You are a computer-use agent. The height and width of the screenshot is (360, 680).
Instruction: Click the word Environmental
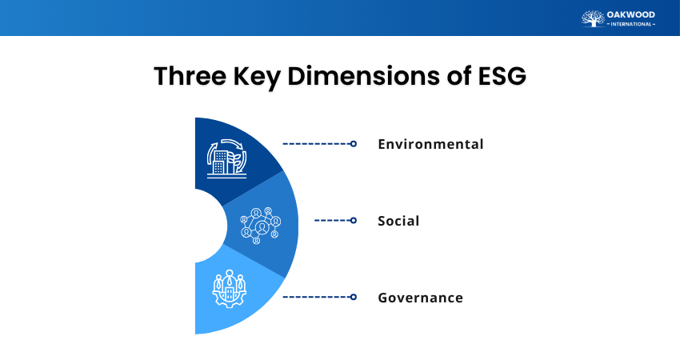coord(430,145)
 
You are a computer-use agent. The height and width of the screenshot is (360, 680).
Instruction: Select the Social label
coord(398,221)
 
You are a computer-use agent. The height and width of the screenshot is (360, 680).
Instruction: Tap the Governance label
coord(420,298)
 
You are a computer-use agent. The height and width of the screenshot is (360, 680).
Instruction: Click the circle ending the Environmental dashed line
coord(353,144)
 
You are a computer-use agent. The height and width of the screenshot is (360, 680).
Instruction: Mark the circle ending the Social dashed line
coord(353,220)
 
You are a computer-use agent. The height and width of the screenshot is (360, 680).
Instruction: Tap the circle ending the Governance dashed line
coord(353,297)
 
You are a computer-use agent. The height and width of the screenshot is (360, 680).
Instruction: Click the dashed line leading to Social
coord(331,220)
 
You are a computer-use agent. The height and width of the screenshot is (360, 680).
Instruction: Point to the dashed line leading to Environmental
coord(315,144)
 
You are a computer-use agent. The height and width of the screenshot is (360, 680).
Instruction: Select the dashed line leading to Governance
coord(315,297)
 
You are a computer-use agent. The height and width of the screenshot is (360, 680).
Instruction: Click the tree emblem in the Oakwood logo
coord(593,18)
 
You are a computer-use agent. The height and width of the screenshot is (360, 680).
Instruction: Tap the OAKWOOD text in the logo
coord(631,14)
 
